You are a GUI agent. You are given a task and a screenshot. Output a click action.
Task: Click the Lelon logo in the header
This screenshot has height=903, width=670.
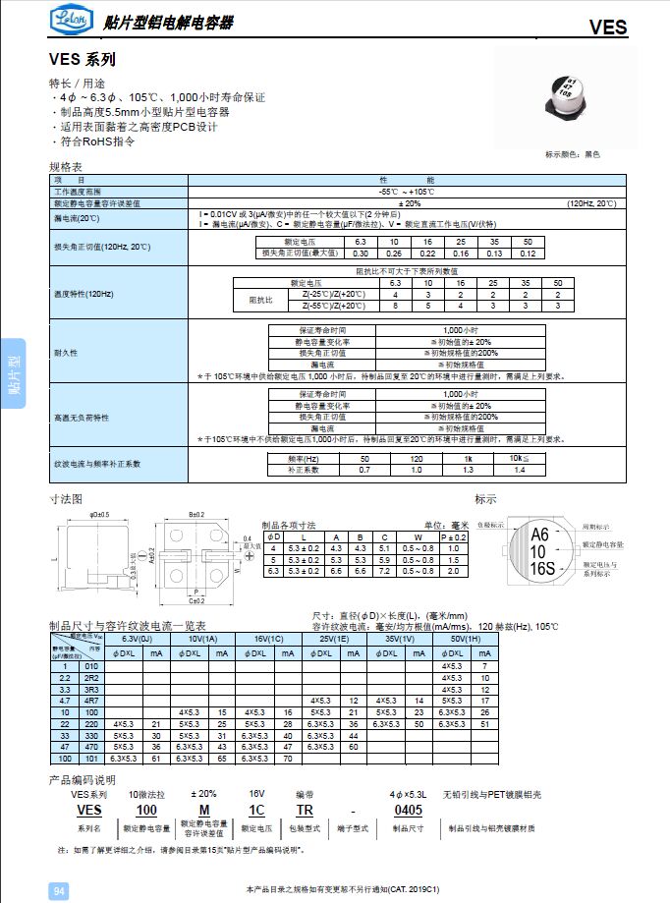[x=69, y=21]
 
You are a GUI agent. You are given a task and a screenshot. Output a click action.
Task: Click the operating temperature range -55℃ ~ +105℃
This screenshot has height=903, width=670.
[x=407, y=192]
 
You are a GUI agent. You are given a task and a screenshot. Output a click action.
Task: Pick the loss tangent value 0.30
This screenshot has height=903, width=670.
[x=360, y=253]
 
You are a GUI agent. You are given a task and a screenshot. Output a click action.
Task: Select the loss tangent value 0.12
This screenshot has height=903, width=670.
[x=527, y=253]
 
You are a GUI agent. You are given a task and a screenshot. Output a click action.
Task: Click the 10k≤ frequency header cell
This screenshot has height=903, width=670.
[x=518, y=459]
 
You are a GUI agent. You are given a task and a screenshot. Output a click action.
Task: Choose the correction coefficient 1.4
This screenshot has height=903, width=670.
[x=518, y=470]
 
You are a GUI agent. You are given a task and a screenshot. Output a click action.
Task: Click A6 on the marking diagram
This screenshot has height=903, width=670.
[x=539, y=536]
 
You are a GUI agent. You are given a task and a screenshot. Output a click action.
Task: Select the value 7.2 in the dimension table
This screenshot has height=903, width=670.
[x=386, y=570]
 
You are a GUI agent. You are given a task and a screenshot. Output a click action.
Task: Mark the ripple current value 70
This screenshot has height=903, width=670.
[x=288, y=759]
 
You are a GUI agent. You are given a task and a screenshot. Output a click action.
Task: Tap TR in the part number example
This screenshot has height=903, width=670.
[x=305, y=810]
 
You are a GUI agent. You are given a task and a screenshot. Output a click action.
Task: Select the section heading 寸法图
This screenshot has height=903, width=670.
[x=66, y=499]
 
